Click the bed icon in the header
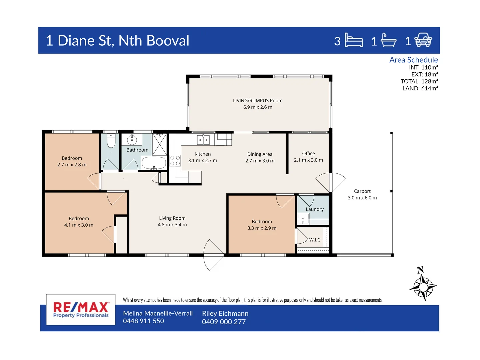tap(353, 40)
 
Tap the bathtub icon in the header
tap(388, 40)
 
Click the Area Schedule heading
tap(413, 60)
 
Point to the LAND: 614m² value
tap(420, 88)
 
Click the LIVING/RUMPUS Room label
tap(258, 101)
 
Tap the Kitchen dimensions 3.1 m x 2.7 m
tap(202, 161)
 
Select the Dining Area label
tap(260, 154)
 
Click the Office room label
tap(308, 154)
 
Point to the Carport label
tap(362, 191)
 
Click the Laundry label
tap(315, 209)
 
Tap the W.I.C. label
tap(315, 240)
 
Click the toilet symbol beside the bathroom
tap(111, 141)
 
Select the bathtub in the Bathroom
tap(154, 163)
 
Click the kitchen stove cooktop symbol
tap(175, 161)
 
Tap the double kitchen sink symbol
tap(203, 140)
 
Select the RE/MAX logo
tap(81, 309)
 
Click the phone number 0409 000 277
tap(224, 322)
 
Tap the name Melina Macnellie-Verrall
tap(158, 313)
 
